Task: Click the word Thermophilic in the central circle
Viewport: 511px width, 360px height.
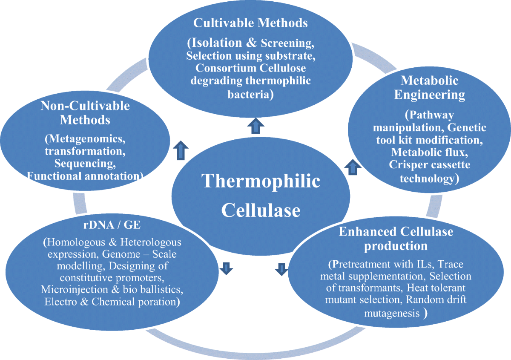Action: pos(261,181)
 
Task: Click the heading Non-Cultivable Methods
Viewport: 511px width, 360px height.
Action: pos(85,112)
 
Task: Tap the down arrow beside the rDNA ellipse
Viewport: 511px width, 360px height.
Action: pos(226,268)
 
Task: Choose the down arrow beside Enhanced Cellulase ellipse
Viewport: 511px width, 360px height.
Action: pos(281,268)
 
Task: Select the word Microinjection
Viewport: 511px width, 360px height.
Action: pos(76,290)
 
